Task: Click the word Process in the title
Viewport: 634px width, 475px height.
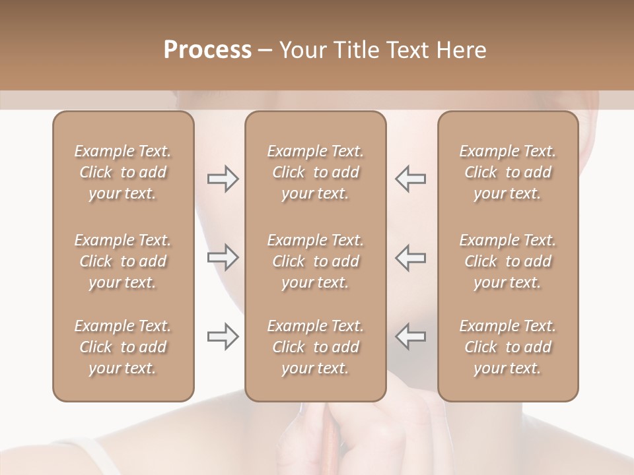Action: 207,50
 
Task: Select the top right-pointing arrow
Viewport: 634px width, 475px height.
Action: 223,178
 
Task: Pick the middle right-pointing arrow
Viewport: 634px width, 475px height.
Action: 223,257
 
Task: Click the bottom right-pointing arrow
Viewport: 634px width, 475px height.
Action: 223,336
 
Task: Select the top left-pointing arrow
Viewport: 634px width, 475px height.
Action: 411,178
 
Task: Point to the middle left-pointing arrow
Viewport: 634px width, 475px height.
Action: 411,257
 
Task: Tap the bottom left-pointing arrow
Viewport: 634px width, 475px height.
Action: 411,336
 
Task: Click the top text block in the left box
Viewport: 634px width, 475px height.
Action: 123,172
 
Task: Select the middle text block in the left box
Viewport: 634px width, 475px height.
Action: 123,261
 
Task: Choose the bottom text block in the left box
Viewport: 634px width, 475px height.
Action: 123,347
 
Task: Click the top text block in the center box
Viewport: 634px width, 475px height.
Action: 316,172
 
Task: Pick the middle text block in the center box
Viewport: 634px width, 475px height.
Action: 316,261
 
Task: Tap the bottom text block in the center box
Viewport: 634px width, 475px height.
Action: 316,347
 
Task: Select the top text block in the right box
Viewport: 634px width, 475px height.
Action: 508,172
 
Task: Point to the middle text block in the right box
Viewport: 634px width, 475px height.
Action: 508,261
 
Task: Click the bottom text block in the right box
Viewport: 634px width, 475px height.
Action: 508,347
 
